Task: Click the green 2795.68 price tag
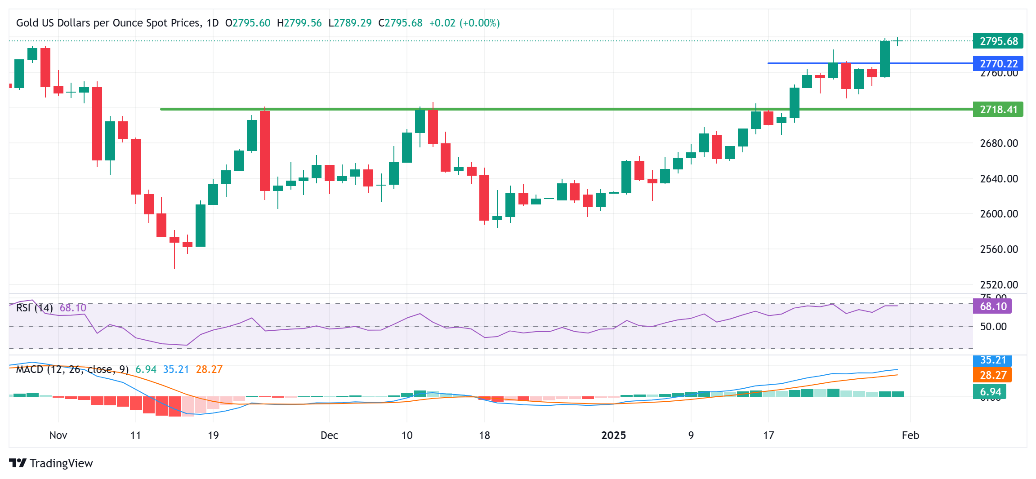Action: point(998,41)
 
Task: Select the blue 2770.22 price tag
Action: point(998,63)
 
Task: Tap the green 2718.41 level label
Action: point(998,110)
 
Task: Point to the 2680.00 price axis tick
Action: point(999,143)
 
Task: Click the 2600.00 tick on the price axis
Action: point(999,214)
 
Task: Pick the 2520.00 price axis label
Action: point(999,285)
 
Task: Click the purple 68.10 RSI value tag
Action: point(992,306)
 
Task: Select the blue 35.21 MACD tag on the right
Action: point(992,360)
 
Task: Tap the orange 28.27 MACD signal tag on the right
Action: point(992,375)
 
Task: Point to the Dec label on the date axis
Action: point(329,435)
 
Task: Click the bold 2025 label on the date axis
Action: point(613,435)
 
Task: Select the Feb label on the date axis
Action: point(910,435)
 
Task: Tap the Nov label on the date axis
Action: point(58,435)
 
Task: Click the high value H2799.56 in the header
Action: point(299,23)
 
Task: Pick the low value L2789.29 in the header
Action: point(350,23)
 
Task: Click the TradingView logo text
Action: point(61,463)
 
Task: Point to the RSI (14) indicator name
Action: point(35,308)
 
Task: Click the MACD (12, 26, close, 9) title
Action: point(72,369)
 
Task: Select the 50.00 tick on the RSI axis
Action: point(993,327)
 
